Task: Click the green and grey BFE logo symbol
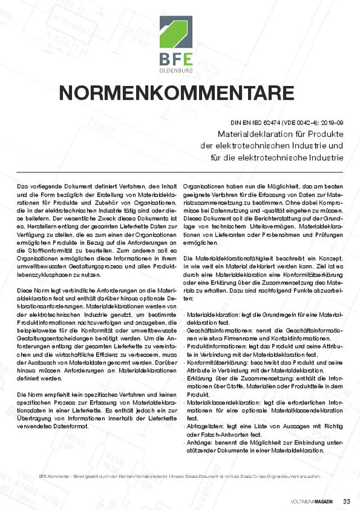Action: [x=175, y=32]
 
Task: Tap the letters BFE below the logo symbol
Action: [x=175, y=59]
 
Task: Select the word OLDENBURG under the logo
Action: [x=175, y=70]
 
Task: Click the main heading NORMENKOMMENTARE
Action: [x=177, y=92]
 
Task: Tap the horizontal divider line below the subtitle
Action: [x=179, y=172]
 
